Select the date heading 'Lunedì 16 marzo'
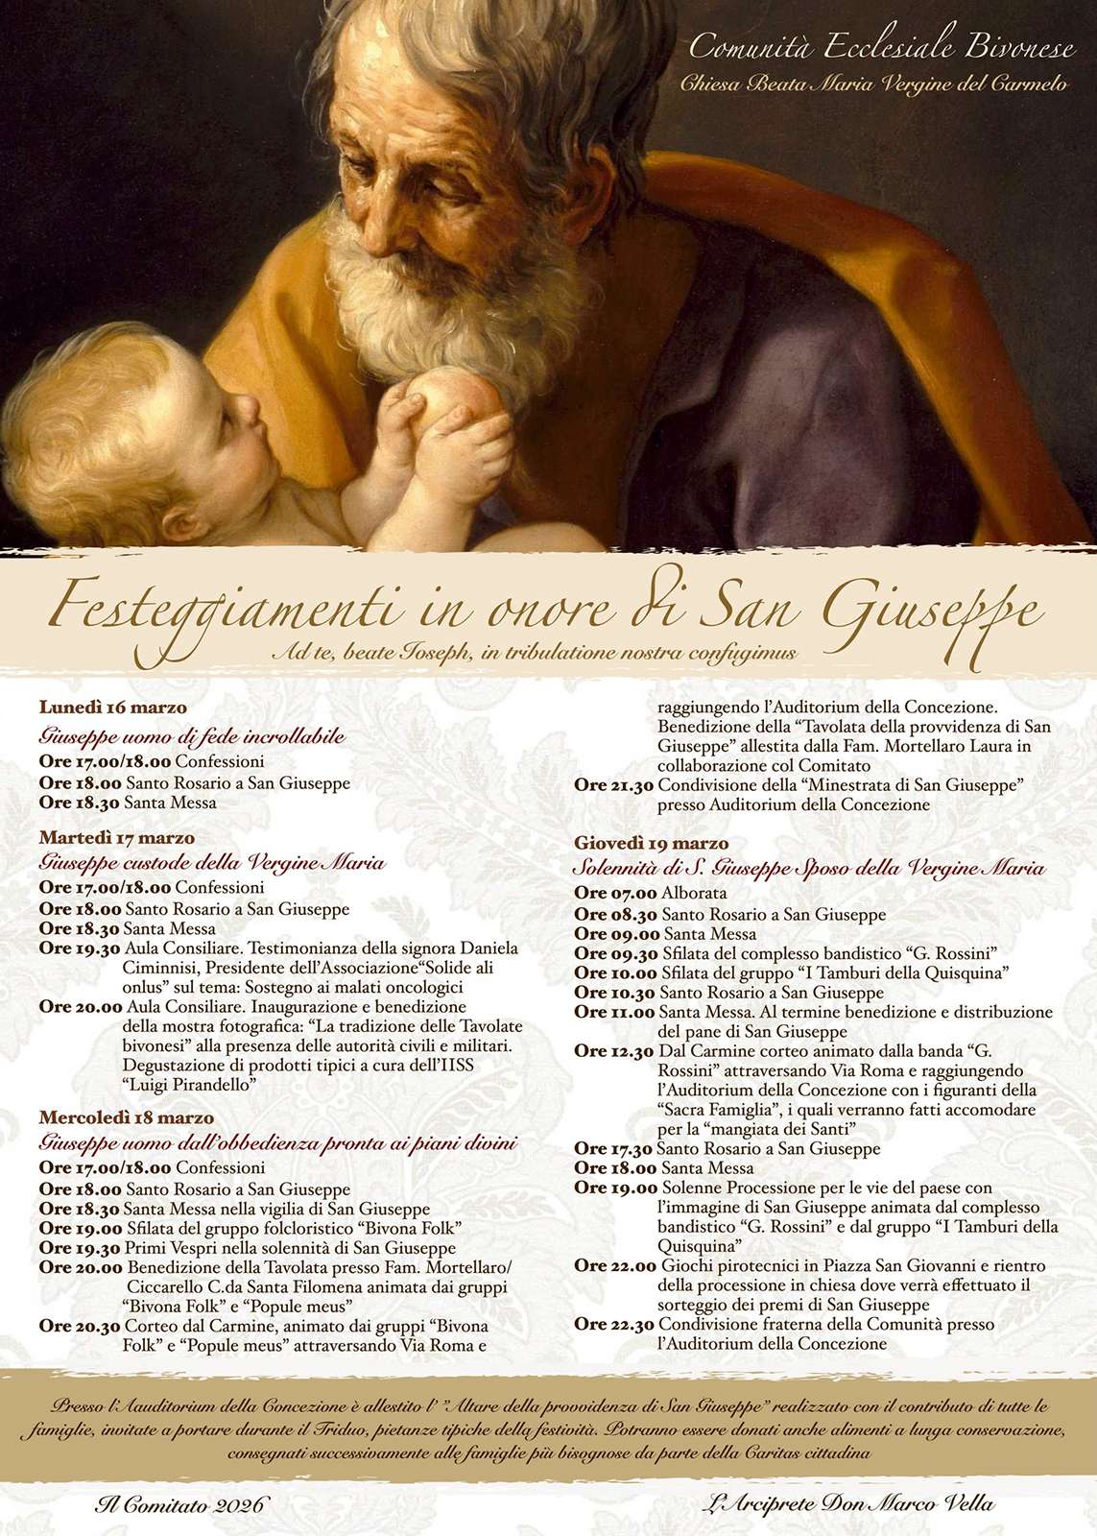click(113, 708)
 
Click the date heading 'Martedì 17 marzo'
click(116, 838)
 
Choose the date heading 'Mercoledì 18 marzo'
click(126, 1117)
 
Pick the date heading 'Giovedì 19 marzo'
click(651, 844)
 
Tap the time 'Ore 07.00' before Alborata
click(615, 894)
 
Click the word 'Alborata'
click(694, 894)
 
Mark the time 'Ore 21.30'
click(614, 785)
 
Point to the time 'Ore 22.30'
click(614, 1325)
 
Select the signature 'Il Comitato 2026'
click(179, 1504)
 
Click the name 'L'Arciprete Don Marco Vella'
click(848, 1503)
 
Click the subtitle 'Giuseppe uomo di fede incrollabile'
click(192, 736)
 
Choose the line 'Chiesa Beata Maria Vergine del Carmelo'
click(873, 84)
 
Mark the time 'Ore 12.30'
click(614, 1051)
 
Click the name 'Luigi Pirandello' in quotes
click(190, 1085)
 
